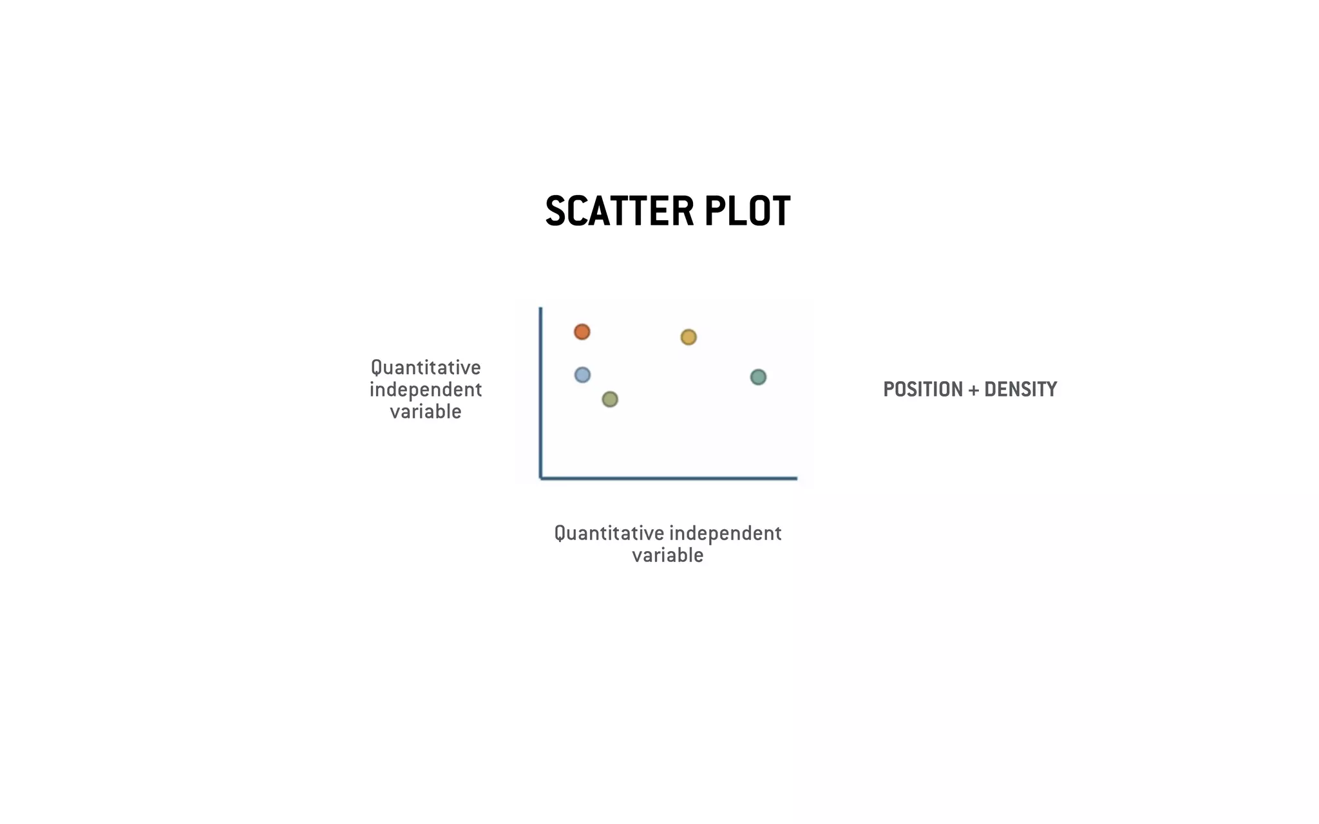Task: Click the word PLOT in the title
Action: tap(747, 211)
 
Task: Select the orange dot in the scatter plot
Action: tap(582, 332)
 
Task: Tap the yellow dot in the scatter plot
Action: tap(688, 337)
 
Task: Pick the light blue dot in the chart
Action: tap(582, 375)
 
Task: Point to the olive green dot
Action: tap(610, 400)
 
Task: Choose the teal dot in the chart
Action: tap(759, 377)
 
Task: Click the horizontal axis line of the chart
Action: tap(670, 478)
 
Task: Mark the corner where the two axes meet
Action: tap(541, 478)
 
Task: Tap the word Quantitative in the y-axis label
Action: tap(426, 368)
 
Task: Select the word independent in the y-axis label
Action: tap(426, 389)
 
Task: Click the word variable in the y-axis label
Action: tap(426, 411)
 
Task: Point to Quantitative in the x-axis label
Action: tap(609, 533)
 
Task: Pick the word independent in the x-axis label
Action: tap(725, 533)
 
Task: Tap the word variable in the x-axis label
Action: tap(668, 555)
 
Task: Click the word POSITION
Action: tap(923, 389)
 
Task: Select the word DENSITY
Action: tap(1021, 389)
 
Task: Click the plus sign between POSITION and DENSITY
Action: tap(974, 390)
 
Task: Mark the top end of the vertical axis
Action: tap(541, 310)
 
